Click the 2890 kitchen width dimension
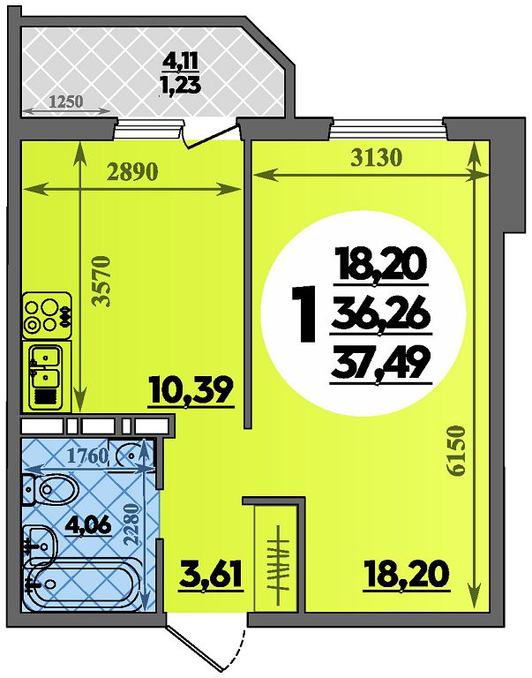point(132,172)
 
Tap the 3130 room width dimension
point(377,158)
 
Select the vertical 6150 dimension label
point(457,451)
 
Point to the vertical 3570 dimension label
point(103,282)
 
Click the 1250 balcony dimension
point(66,102)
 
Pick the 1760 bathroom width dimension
point(88,456)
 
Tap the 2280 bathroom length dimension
point(131,524)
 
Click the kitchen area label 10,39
point(191,392)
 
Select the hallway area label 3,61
point(210,575)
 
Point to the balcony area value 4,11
point(181,62)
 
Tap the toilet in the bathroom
point(51,490)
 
